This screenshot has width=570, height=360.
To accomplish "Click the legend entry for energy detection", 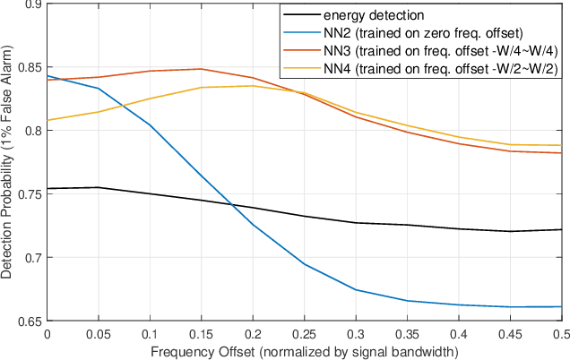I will (362, 15).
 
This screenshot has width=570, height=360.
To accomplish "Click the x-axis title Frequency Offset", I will (304, 350).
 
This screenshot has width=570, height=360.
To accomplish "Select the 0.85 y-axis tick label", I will (28, 67).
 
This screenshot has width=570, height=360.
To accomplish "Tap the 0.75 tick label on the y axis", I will (28, 194).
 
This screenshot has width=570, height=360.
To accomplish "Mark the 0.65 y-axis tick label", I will (28, 321).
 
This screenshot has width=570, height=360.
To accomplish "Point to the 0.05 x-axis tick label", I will (98, 332).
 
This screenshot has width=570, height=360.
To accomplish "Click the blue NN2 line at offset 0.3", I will (356, 290).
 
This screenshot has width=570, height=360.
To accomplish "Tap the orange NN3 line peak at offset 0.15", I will (201, 69).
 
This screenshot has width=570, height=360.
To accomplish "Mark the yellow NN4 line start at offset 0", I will (47, 120).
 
